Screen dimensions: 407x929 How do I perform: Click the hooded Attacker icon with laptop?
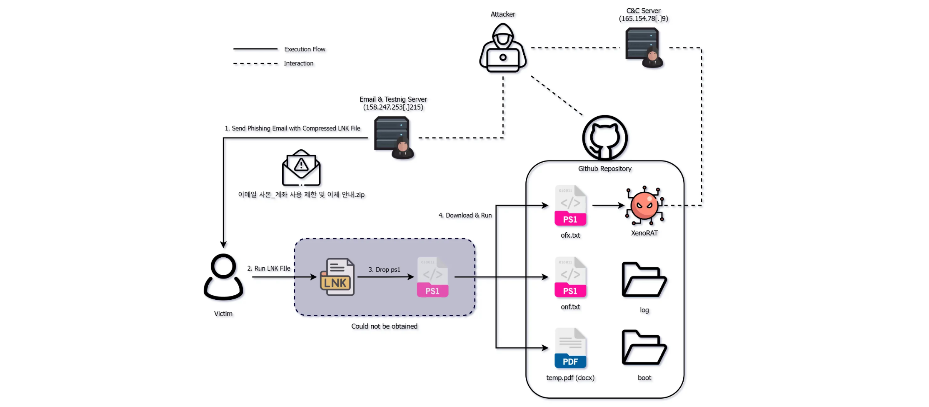pos(503,48)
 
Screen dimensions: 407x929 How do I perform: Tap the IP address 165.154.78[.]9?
pos(643,19)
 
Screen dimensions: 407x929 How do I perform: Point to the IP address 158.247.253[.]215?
pos(393,107)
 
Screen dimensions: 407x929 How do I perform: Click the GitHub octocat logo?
pos(604,138)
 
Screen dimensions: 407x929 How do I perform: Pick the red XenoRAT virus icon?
pos(644,206)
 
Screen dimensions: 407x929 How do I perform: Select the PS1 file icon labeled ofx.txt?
pos(570,206)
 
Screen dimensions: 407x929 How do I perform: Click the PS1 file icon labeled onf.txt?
pos(570,277)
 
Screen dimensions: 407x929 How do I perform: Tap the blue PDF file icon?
pos(570,348)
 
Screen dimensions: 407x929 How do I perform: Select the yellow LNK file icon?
pos(337,277)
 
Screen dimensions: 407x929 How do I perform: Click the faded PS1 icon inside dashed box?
pos(432,277)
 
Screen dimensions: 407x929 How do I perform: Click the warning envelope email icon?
pos(301,168)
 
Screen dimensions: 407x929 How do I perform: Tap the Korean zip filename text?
pos(301,195)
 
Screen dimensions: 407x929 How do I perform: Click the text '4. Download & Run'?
pos(465,215)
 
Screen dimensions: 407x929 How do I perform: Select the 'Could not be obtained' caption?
pos(384,326)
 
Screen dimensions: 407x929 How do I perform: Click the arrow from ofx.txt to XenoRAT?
pos(608,205)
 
